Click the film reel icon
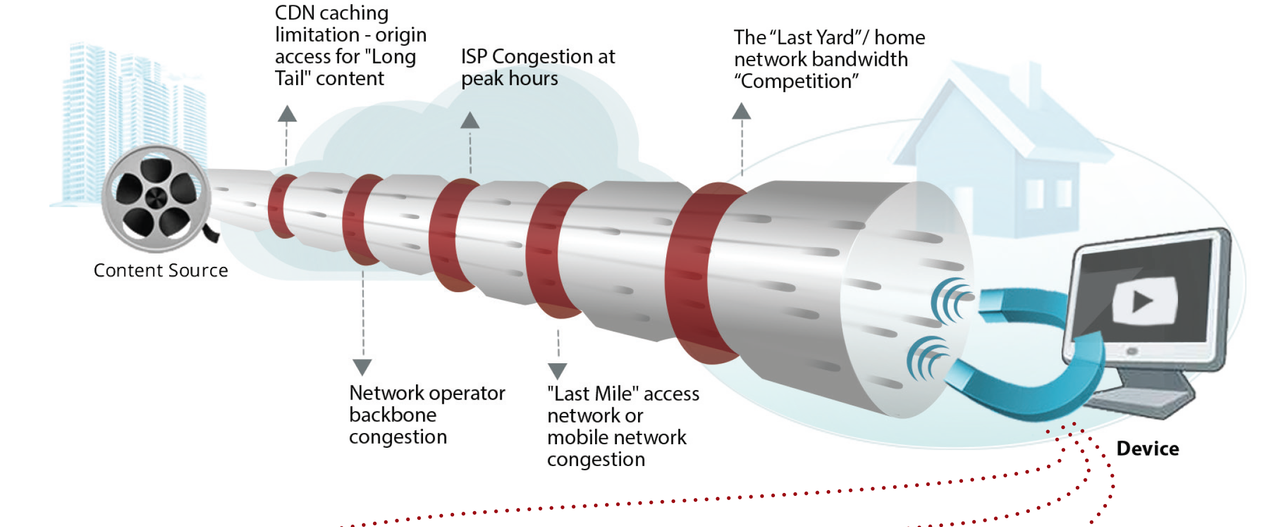[156, 198]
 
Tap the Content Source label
[160, 271]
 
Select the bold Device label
[1147, 449]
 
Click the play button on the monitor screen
[1143, 302]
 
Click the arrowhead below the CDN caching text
[287, 114]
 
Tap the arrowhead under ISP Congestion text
[470, 121]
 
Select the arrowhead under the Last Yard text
[741, 112]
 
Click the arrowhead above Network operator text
[362, 367]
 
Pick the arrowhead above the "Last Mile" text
[558, 371]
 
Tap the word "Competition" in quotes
[797, 82]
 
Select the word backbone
[392, 415]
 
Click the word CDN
[294, 13]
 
